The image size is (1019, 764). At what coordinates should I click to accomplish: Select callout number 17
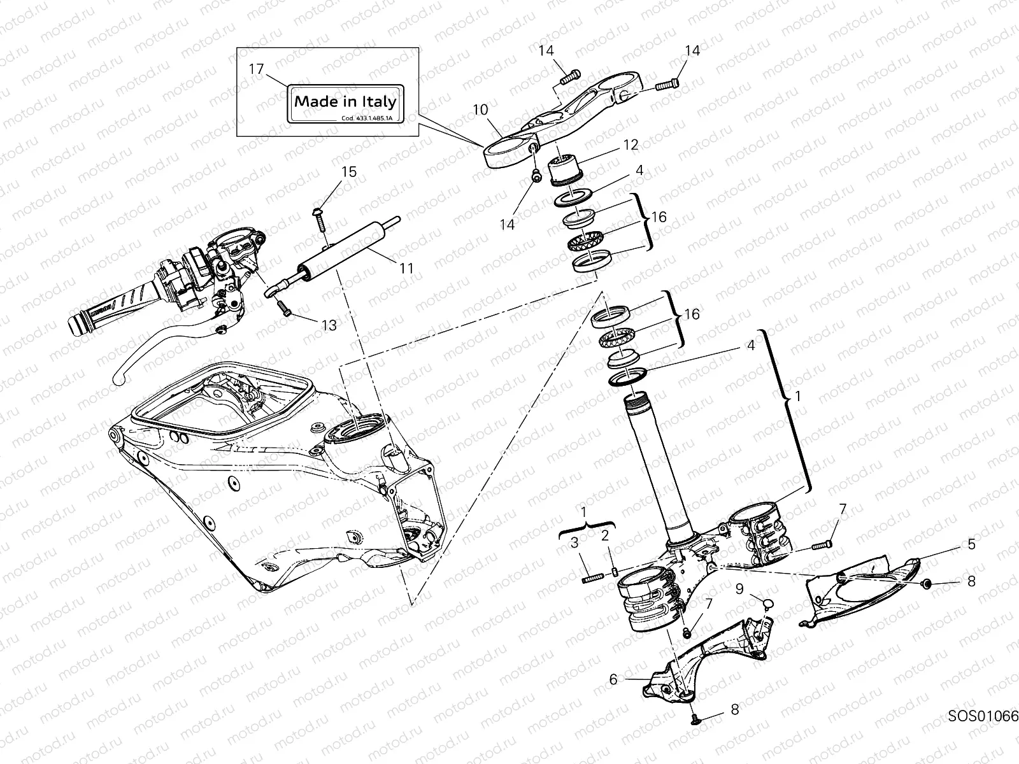(x=256, y=69)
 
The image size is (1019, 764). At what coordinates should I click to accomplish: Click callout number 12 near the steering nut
(x=631, y=145)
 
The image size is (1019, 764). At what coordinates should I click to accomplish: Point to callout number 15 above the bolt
(x=348, y=173)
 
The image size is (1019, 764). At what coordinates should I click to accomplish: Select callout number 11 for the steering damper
(x=406, y=268)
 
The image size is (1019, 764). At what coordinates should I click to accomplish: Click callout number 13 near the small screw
(x=329, y=325)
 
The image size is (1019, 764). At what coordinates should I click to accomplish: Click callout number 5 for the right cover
(x=971, y=545)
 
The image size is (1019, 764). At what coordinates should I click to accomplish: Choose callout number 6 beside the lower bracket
(x=613, y=679)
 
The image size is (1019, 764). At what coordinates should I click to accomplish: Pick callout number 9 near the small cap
(x=739, y=590)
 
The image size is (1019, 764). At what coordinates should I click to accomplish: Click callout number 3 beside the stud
(x=574, y=543)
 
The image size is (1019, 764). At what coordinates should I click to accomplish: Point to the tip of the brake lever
(x=120, y=379)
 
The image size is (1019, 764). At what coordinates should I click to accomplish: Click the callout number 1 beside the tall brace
(x=799, y=396)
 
